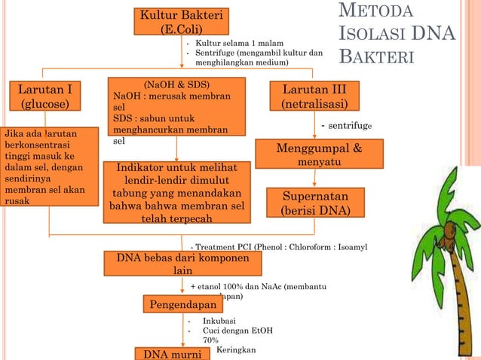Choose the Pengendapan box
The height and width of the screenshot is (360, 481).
[184, 304]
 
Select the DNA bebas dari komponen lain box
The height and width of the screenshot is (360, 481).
[182, 264]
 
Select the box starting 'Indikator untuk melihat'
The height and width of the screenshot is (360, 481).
[176, 192]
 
